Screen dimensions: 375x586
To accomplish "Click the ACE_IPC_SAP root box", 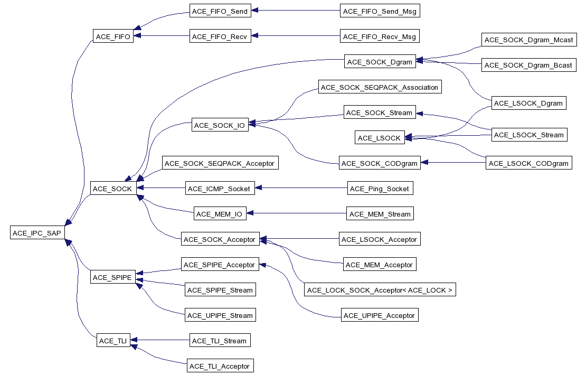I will (x=37, y=232).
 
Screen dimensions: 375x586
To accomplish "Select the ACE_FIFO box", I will (x=114, y=36).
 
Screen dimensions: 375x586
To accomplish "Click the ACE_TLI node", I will (x=114, y=341).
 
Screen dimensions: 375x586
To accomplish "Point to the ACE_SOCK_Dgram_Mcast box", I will (x=528, y=40).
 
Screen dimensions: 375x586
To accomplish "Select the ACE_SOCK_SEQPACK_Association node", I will (x=380, y=87).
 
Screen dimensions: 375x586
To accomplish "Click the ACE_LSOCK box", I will (x=379, y=138).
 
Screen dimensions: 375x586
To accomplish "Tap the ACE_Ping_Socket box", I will (x=379, y=189).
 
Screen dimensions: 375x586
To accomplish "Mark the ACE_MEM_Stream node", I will (x=380, y=214).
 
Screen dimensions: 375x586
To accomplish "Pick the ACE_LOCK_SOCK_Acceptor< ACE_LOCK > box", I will (x=380, y=290).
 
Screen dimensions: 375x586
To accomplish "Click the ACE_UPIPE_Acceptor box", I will (x=380, y=315).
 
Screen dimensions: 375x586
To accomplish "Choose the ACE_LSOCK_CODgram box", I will (x=528, y=163).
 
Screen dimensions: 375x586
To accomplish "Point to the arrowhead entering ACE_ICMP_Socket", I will (x=258, y=189).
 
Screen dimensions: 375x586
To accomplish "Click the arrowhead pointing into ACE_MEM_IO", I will (x=250, y=214).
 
